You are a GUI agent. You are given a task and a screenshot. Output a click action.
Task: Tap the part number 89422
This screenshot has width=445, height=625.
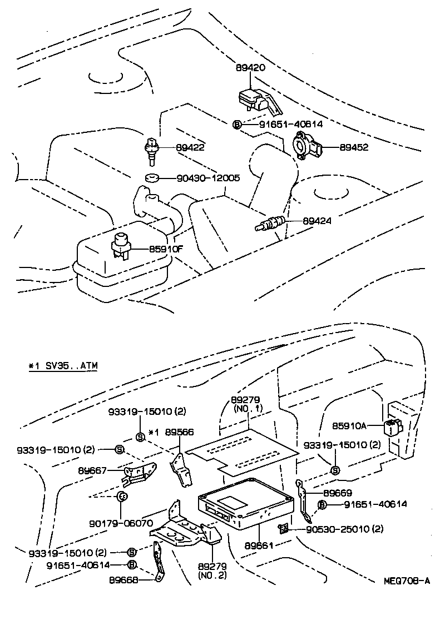[190, 148]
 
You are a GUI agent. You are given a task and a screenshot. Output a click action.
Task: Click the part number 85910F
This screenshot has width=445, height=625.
[165, 249]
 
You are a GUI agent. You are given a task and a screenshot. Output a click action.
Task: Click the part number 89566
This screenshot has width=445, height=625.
[179, 431]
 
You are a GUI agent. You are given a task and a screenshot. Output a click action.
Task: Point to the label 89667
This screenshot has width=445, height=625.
[92, 470]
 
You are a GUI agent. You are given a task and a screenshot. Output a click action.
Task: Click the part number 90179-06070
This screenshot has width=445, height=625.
[121, 523]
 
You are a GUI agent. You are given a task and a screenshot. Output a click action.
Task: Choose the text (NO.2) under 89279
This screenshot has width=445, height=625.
[212, 575]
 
